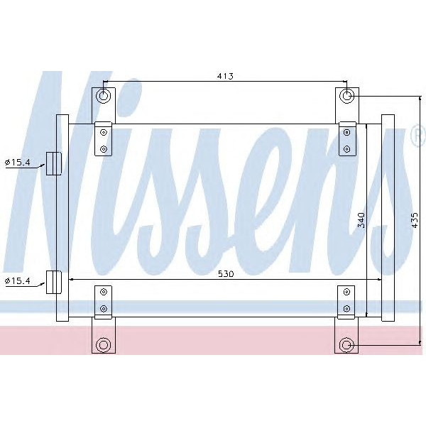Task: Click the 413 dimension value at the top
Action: [x=226, y=75]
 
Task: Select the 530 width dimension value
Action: [x=225, y=273]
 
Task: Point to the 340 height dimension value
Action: [x=361, y=220]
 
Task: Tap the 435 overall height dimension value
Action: [x=415, y=220]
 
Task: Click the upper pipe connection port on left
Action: [x=53, y=163]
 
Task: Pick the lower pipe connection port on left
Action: [x=53, y=282]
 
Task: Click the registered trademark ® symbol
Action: [x=417, y=135]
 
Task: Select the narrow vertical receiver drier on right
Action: [x=388, y=217]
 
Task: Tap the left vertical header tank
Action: [x=62, y=217]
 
